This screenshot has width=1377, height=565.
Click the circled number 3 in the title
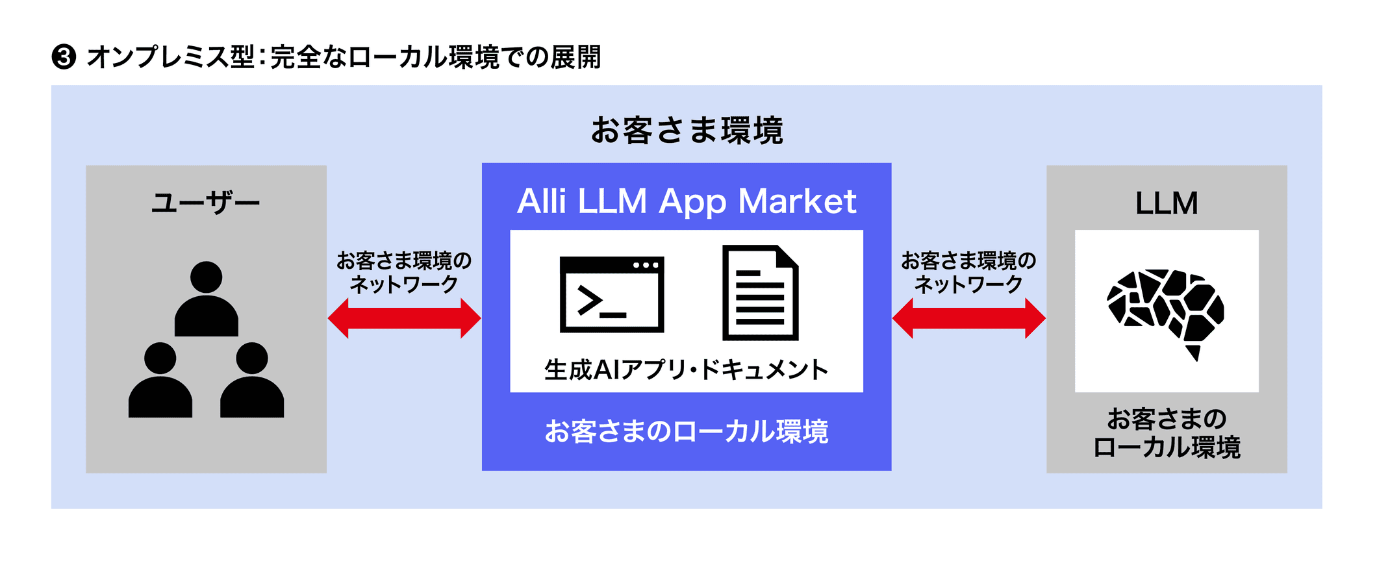(64, 57)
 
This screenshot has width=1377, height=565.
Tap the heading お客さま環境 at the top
(687, 130)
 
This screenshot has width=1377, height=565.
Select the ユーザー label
(205, 203)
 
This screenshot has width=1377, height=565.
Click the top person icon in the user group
(206, 299)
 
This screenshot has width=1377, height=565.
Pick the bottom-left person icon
(160, 381)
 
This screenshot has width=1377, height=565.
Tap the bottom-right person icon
(252, 381)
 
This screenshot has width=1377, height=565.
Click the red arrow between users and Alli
(404, 318)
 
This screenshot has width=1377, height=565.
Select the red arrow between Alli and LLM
(968, 318)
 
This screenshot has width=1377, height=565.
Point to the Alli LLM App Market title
(687, 201)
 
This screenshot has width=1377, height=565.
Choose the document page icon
(760, 293)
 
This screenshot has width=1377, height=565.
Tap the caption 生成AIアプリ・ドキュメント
(687, 370)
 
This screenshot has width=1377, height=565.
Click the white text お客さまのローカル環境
(687, 431)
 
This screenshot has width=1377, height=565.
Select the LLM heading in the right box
(1167, 203)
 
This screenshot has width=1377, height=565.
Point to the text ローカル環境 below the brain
(1167, 447)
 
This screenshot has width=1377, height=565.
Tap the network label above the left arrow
(404, 272)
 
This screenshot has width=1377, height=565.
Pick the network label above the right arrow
(968, 272)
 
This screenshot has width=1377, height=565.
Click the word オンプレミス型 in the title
(170, 57)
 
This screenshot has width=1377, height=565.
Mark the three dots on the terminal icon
(646, 265)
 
